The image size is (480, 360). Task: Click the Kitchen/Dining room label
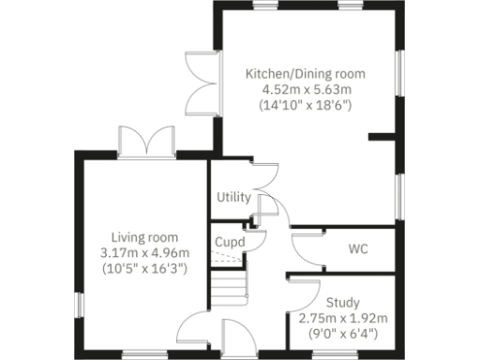pyautogui.click(x=306, y=72)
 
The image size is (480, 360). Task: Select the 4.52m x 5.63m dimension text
pyautogui.click(x=306, y=89)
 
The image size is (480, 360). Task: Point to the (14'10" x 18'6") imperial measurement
pyautogui.click(x=306, y=106)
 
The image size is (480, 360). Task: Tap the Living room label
pyautogui.click(x=143, y=236)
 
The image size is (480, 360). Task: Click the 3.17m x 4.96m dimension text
pyautogui.click(x=143, y=252)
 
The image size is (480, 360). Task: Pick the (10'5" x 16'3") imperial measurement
pyautogui.click(x=143, y=268)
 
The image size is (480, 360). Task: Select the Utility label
pyautogui.click(x=232, y=198)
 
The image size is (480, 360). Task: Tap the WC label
pyautogui.click(x=356, y=249)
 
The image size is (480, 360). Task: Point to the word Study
pyautogui.click(x=342, y=302)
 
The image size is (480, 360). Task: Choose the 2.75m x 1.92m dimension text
pyautogui.click(x=342, y=318)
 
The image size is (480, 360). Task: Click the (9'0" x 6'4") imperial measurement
pyautogui.click(x=342, y=334)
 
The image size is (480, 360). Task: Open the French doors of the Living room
pyautogui.click(x=148, y=142)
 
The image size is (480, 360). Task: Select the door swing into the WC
pyautogui.click(x=306, y=248)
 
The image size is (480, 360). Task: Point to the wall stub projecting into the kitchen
pyautogui.click(x=382, y=138)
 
